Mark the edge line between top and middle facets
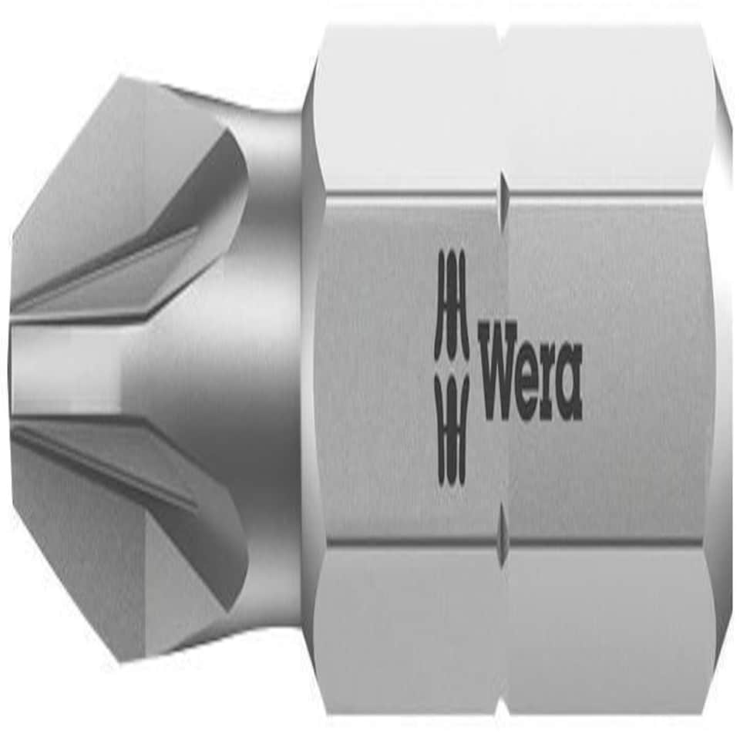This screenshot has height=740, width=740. (601, 192)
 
